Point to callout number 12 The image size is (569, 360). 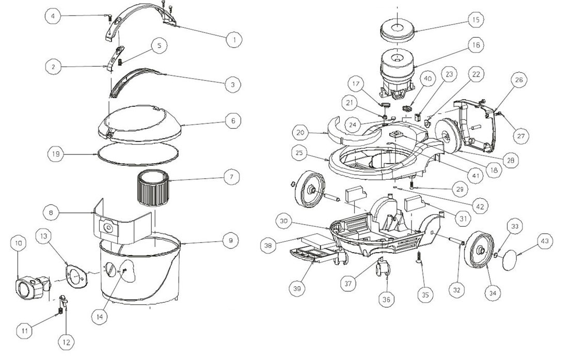coord(66,341)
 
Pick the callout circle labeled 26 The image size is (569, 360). coord(519,80)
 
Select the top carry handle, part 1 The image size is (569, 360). coord(142,20)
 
